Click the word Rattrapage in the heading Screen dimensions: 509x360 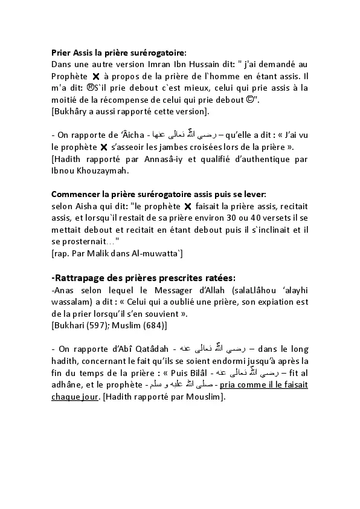pyautogui.click(x=83, y=277)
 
